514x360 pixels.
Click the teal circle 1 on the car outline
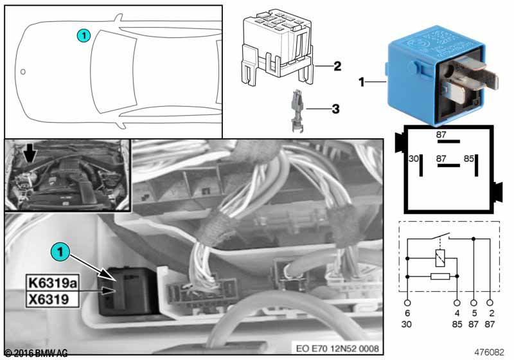coord(84,35)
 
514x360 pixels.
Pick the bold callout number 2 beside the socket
coord(337,66)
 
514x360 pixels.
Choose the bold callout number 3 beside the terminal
coord(335,109)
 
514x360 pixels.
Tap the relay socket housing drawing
coord(276,51)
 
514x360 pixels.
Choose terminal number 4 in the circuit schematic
coord(457,312)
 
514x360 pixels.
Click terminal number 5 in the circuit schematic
coord(474,312)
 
